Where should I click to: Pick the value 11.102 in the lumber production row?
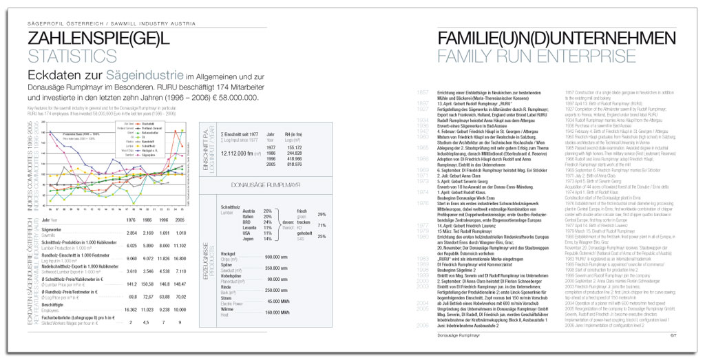pos(178,245)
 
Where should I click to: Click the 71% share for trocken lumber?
pos(322,225)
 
